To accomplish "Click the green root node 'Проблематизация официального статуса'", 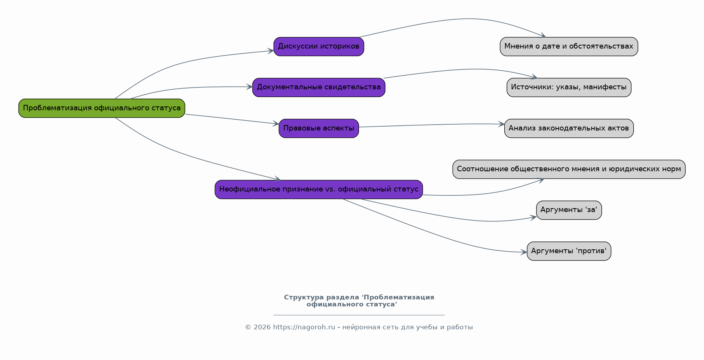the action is pos(102,108).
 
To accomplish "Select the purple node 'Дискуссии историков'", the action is pos(319,47).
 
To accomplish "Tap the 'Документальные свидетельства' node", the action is pos(319,87).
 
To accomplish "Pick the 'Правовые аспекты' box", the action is pos(319,129).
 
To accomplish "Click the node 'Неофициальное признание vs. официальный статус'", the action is pos(319,190).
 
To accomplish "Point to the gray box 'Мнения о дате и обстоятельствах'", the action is pos(569,47).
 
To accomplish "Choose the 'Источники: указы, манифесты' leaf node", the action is pos(569,87).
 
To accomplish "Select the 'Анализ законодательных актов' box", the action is pos(569,129).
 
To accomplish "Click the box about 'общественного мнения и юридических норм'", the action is pos(569,169).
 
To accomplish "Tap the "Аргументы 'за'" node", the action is pos(569,210).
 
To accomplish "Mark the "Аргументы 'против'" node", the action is pos(569,251).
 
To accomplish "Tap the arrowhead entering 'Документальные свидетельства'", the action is pos(249,87).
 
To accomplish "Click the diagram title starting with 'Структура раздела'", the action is pos(359,301).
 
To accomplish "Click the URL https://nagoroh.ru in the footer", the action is pos(304,327).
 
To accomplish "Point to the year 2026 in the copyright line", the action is pos(262,327).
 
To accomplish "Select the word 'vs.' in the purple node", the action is pos(329,190).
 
